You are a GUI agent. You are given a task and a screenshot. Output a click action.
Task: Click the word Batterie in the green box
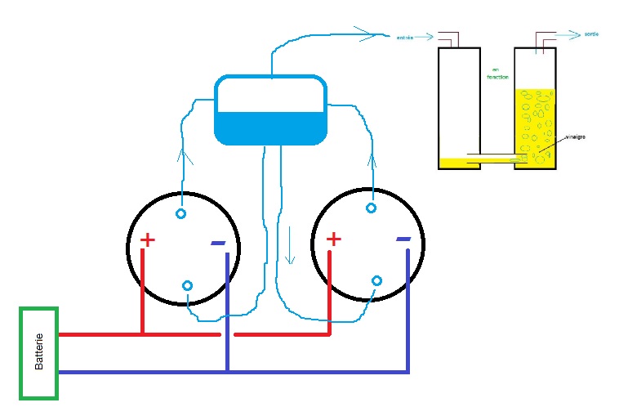click(x=38, y=352)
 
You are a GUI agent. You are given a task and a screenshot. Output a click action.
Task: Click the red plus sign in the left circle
click(x=147, y=239)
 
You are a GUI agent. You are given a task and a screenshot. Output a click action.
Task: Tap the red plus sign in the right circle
click(x=333, y=239)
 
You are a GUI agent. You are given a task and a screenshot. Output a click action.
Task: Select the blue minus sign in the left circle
click(x=218, y=243)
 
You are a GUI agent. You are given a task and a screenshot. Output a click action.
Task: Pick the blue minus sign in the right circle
click(x=403, y=239)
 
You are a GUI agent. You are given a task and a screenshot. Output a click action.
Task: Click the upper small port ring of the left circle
click(x=180, y=214)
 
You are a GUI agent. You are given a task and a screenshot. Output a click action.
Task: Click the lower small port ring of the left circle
click(x=187, y=285)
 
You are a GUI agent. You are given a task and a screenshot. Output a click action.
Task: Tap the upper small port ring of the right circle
click(x=371, y=208)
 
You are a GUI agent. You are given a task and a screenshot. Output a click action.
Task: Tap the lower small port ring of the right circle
click(x=376, y=281)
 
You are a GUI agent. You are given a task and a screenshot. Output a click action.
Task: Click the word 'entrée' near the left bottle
click(x=404, y=38)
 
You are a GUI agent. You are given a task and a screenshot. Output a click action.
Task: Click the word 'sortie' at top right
click(x=592, y=34)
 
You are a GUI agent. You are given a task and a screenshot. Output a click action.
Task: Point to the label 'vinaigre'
click(x=575, y=136)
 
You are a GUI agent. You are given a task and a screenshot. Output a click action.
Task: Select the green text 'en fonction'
click(x=497, y=73)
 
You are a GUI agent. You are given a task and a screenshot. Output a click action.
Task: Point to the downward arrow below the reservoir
click(x=289, y=246)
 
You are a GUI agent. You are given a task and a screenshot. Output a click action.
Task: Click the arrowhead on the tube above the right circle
click(x=374, y=157)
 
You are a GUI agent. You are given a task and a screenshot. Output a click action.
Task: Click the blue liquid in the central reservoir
click(x=269, y=127)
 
